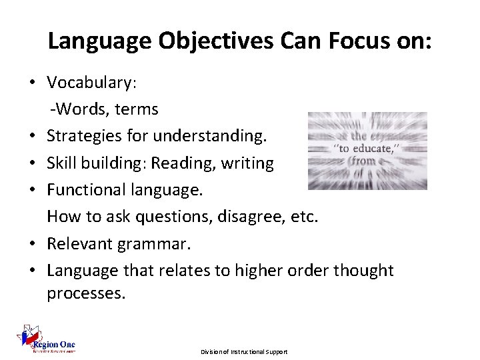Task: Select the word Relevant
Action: [x=80, y=244]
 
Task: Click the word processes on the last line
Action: [x=85, y=294]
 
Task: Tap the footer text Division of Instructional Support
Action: [x=245, y=351]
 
